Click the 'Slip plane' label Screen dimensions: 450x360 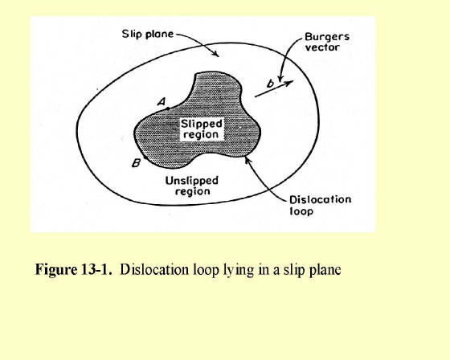tap(148, 35)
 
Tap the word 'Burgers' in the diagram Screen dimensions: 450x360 tap(327, 37)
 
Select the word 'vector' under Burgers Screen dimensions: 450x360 tap(322, 47)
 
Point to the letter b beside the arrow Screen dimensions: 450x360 tap(270, 84)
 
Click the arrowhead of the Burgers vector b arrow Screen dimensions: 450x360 tap(289, 83)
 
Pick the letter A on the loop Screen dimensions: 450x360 tap(162, 101)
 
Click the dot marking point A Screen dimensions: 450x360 tap(168, 108)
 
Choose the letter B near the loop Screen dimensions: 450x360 tap(136, 163)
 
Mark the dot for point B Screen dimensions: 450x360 tap(145, 157)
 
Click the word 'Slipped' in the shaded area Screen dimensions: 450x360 tap(202, 125)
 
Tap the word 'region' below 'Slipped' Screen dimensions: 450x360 tap(201, 135)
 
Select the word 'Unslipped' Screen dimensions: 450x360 tap(192, 181)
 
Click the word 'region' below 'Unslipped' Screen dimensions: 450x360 tap(193, 191)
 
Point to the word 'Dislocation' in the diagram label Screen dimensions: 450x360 tap(321, 200)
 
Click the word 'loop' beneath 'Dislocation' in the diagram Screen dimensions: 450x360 tap(301, 211)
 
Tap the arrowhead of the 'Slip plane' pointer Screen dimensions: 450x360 tap(216, 54)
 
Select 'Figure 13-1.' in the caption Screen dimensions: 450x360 tap(73, 269)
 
